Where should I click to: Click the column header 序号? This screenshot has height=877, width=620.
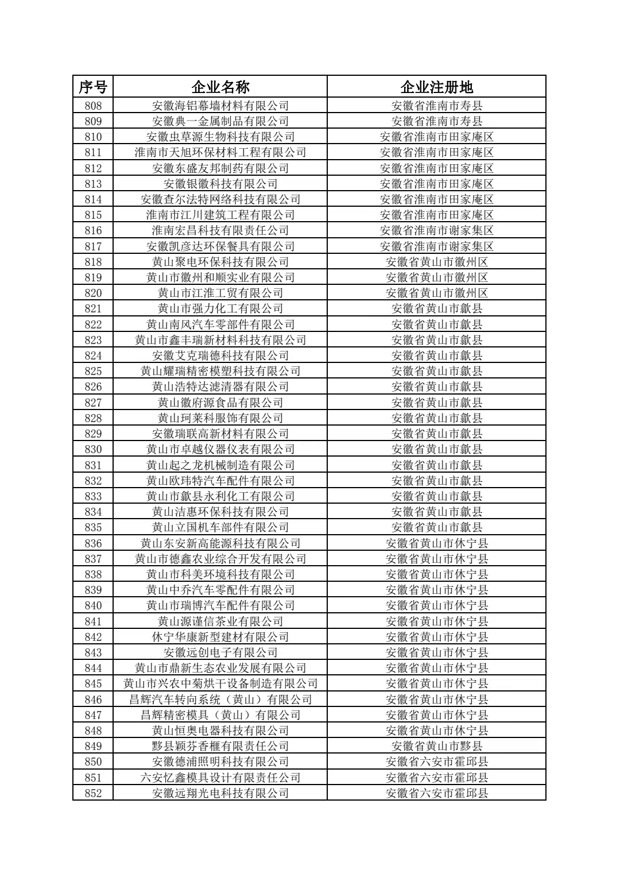(93, 87)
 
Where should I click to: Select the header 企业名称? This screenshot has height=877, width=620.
(220, 87)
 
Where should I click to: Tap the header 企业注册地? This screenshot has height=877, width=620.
(436, 87)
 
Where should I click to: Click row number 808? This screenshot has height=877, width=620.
(93, 106)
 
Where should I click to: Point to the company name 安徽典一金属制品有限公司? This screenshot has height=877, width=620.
(220, 121)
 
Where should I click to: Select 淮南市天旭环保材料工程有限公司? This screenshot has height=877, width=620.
(220, 152)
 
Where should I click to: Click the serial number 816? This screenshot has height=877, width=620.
(93, 230)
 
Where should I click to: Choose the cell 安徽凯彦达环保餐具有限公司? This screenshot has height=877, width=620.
(220, 246)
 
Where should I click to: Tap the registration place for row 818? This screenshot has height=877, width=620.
(436, 262)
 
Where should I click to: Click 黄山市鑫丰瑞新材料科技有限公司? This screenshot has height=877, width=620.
(220, 340)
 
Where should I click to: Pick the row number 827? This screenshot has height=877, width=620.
(93, 403)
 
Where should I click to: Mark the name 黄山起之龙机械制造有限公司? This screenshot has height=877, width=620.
(220, 465)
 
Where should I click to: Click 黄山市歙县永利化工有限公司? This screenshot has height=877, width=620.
(220, 496)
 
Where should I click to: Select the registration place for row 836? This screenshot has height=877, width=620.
(436, 543)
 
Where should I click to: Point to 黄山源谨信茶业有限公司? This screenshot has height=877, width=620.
(220, 621)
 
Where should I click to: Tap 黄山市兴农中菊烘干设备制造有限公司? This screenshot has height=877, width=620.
(220, 683)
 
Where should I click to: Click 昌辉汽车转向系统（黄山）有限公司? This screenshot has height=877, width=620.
(220, 700)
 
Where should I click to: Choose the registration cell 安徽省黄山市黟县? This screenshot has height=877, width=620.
(436, 746)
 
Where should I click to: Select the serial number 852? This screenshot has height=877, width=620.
(93, 793)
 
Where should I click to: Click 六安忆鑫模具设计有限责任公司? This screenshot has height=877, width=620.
(220, 778)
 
